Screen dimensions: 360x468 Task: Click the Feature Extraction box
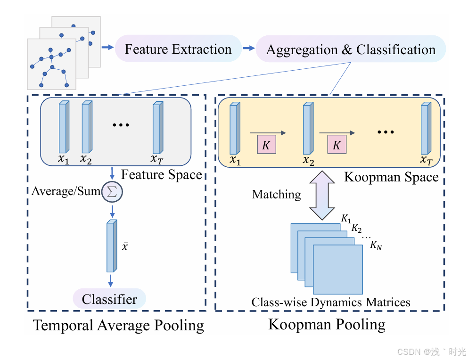(x=178, y=49)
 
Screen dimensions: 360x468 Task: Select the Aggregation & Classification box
(x=350, y=49)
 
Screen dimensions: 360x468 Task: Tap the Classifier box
(x=109, y=299)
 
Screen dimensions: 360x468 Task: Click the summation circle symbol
(x=112, y=192)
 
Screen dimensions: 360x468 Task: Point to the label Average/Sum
(x=66, y=191)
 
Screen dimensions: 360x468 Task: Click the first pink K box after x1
(x=266, y=146)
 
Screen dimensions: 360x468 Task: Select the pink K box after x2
(x=336, y=146)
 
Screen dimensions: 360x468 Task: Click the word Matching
(x=276, y=194)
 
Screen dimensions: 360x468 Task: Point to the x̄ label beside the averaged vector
(x=125, y=246)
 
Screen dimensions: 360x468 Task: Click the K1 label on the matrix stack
(x=346, y=219)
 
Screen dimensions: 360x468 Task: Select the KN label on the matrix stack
(x=376, y=245)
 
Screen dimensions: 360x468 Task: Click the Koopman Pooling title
(x=327, y=324)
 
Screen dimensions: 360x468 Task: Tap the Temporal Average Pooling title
(x=118, y=325)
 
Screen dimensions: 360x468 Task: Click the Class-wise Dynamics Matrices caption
(x=330, y=302)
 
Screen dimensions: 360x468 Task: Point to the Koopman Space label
(x=391, y=177)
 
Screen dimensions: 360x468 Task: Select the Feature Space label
(x=162, y=175)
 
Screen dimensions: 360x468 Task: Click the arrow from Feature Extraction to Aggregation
(x=248, y=48)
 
